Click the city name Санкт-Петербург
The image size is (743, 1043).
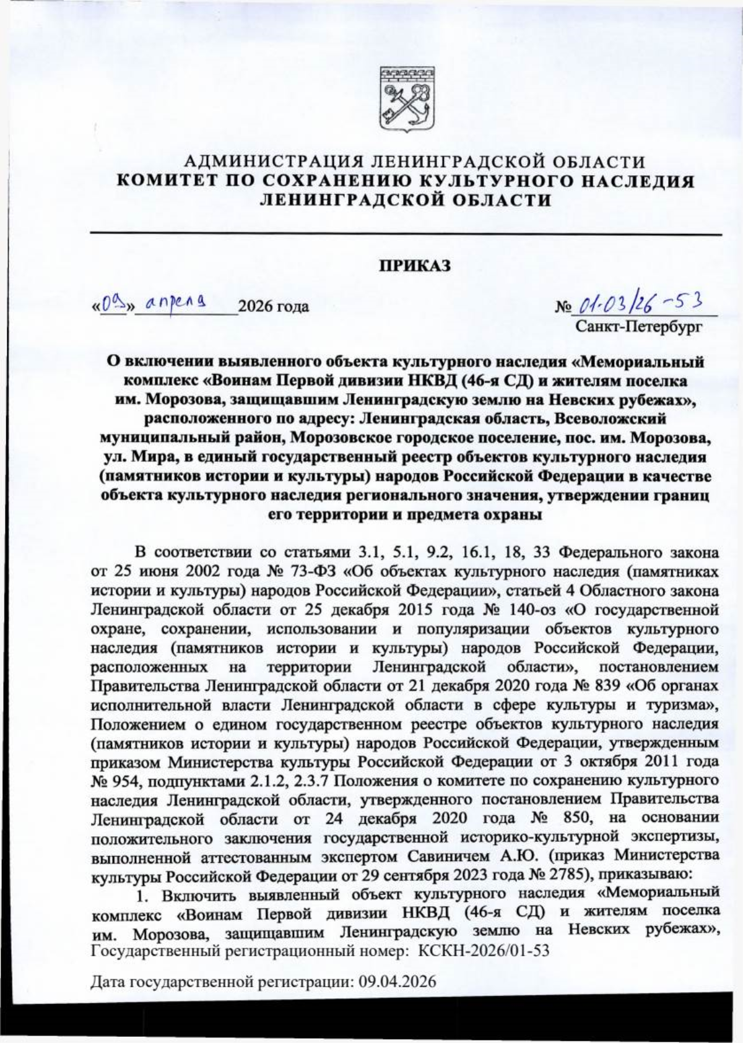[638, 325]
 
